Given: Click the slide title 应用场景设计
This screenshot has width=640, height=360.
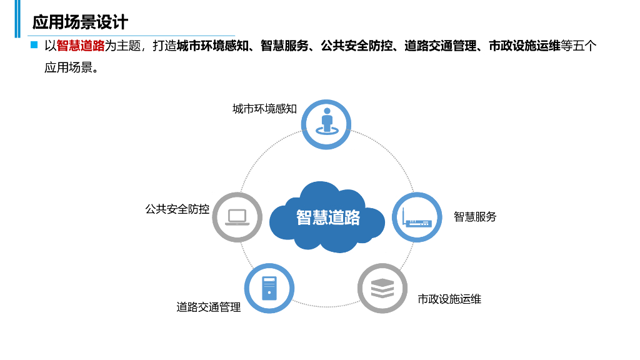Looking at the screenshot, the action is click(x=80, y=22).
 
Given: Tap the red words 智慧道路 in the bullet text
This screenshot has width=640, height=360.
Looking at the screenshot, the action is click(x=81, y=46).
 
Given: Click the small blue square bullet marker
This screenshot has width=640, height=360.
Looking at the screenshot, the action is click(x=34, y=46).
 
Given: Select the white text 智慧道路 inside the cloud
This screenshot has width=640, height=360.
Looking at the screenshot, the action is click(x=328, y=217).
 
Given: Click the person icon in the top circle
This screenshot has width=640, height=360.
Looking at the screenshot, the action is click(x=327, y=121).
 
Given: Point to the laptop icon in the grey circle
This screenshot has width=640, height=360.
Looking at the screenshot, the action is click(x=237, y=217).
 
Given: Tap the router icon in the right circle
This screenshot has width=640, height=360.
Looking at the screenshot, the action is click(x=417, y=217).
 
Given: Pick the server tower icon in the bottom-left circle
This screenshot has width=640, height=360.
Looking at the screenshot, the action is click(x=269, y=289).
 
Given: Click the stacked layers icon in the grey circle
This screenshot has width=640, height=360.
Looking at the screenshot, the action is click(x=382, y=289).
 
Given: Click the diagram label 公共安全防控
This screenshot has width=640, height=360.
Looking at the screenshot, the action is click(x=177, y=209).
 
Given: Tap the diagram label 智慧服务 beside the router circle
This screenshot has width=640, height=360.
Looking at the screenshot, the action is click(x=475, y=217).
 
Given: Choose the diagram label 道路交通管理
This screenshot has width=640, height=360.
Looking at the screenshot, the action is click(x=208, y=307).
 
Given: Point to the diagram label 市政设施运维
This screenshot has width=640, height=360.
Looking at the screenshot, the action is click(x=449, y=299).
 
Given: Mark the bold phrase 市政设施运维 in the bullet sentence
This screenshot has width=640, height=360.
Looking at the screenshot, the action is click(x=524, y=46).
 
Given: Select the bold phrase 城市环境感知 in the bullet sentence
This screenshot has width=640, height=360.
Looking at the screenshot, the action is click(x=214, y=46).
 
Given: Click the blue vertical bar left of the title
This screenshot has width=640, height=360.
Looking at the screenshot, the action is click(x=18, y=19).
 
